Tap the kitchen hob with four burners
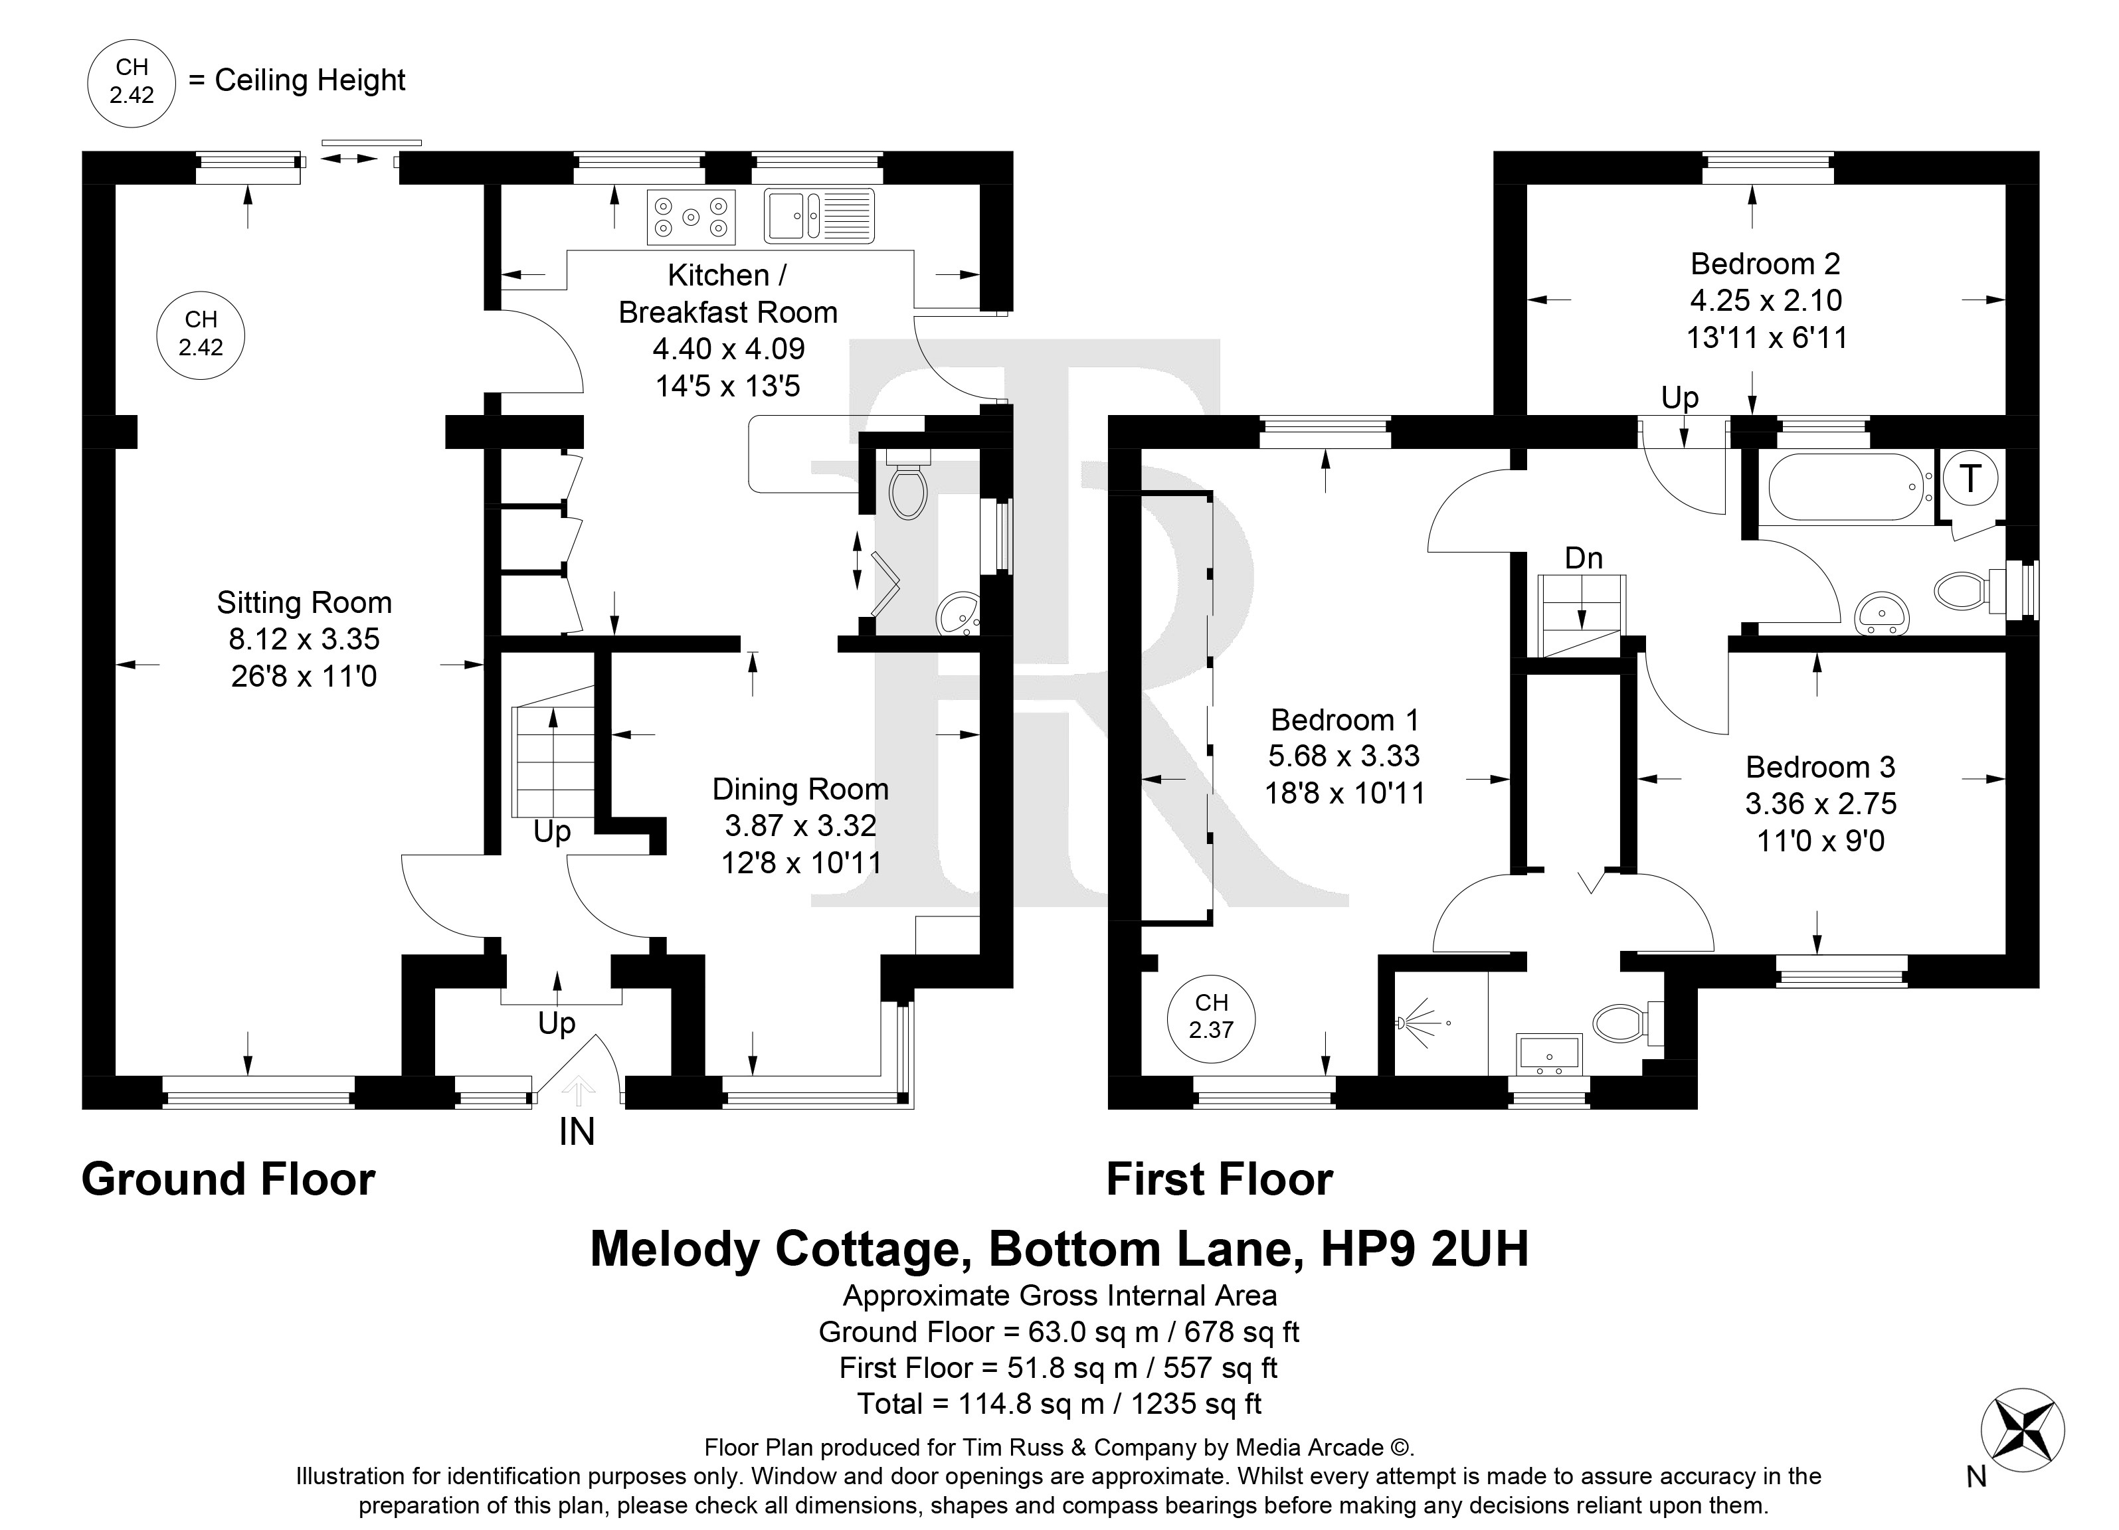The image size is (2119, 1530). [690, 216]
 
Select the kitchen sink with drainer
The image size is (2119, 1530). [818, 216]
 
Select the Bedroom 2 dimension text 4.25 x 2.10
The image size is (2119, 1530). [1766, 300]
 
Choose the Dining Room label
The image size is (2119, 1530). [800, 790]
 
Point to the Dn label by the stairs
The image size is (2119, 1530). [1584, 558]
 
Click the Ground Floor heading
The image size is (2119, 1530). [228, 1179]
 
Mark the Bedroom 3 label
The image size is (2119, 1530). [1820, 767]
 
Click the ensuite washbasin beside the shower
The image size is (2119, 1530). [1549, 1055]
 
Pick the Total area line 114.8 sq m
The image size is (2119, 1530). [1059, 1403]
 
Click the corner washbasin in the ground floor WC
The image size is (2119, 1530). [957, 614]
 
